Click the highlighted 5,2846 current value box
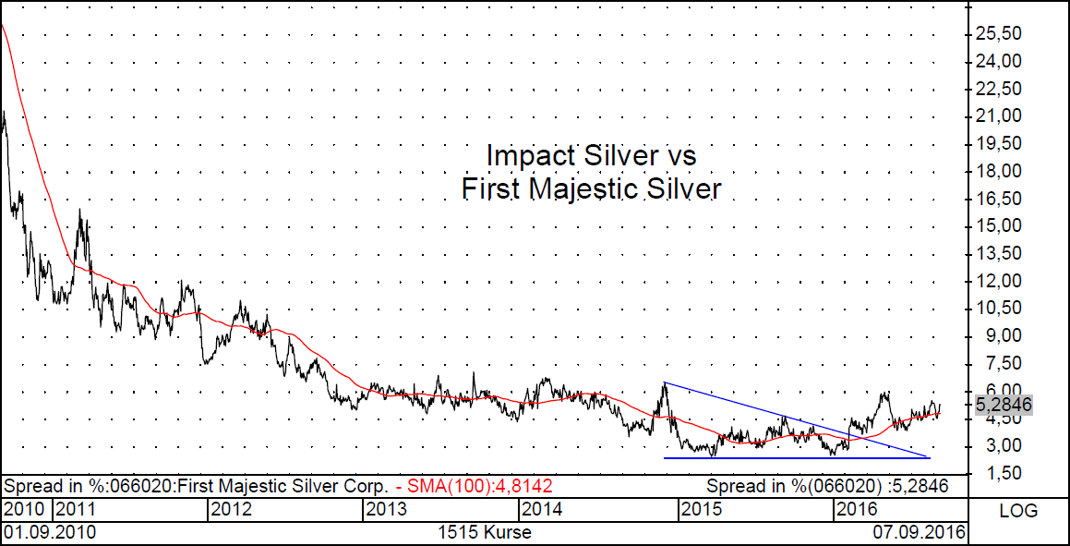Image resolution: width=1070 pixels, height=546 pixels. pos(1003,405)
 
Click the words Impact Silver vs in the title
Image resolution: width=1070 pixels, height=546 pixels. pos(590,153)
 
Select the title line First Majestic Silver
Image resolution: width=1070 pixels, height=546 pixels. pos(590,189)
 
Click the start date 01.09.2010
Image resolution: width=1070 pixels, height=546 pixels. pos(50,532)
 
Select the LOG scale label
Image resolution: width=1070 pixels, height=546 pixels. pos(1018,510)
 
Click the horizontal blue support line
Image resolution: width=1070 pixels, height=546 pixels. pos(794,457)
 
